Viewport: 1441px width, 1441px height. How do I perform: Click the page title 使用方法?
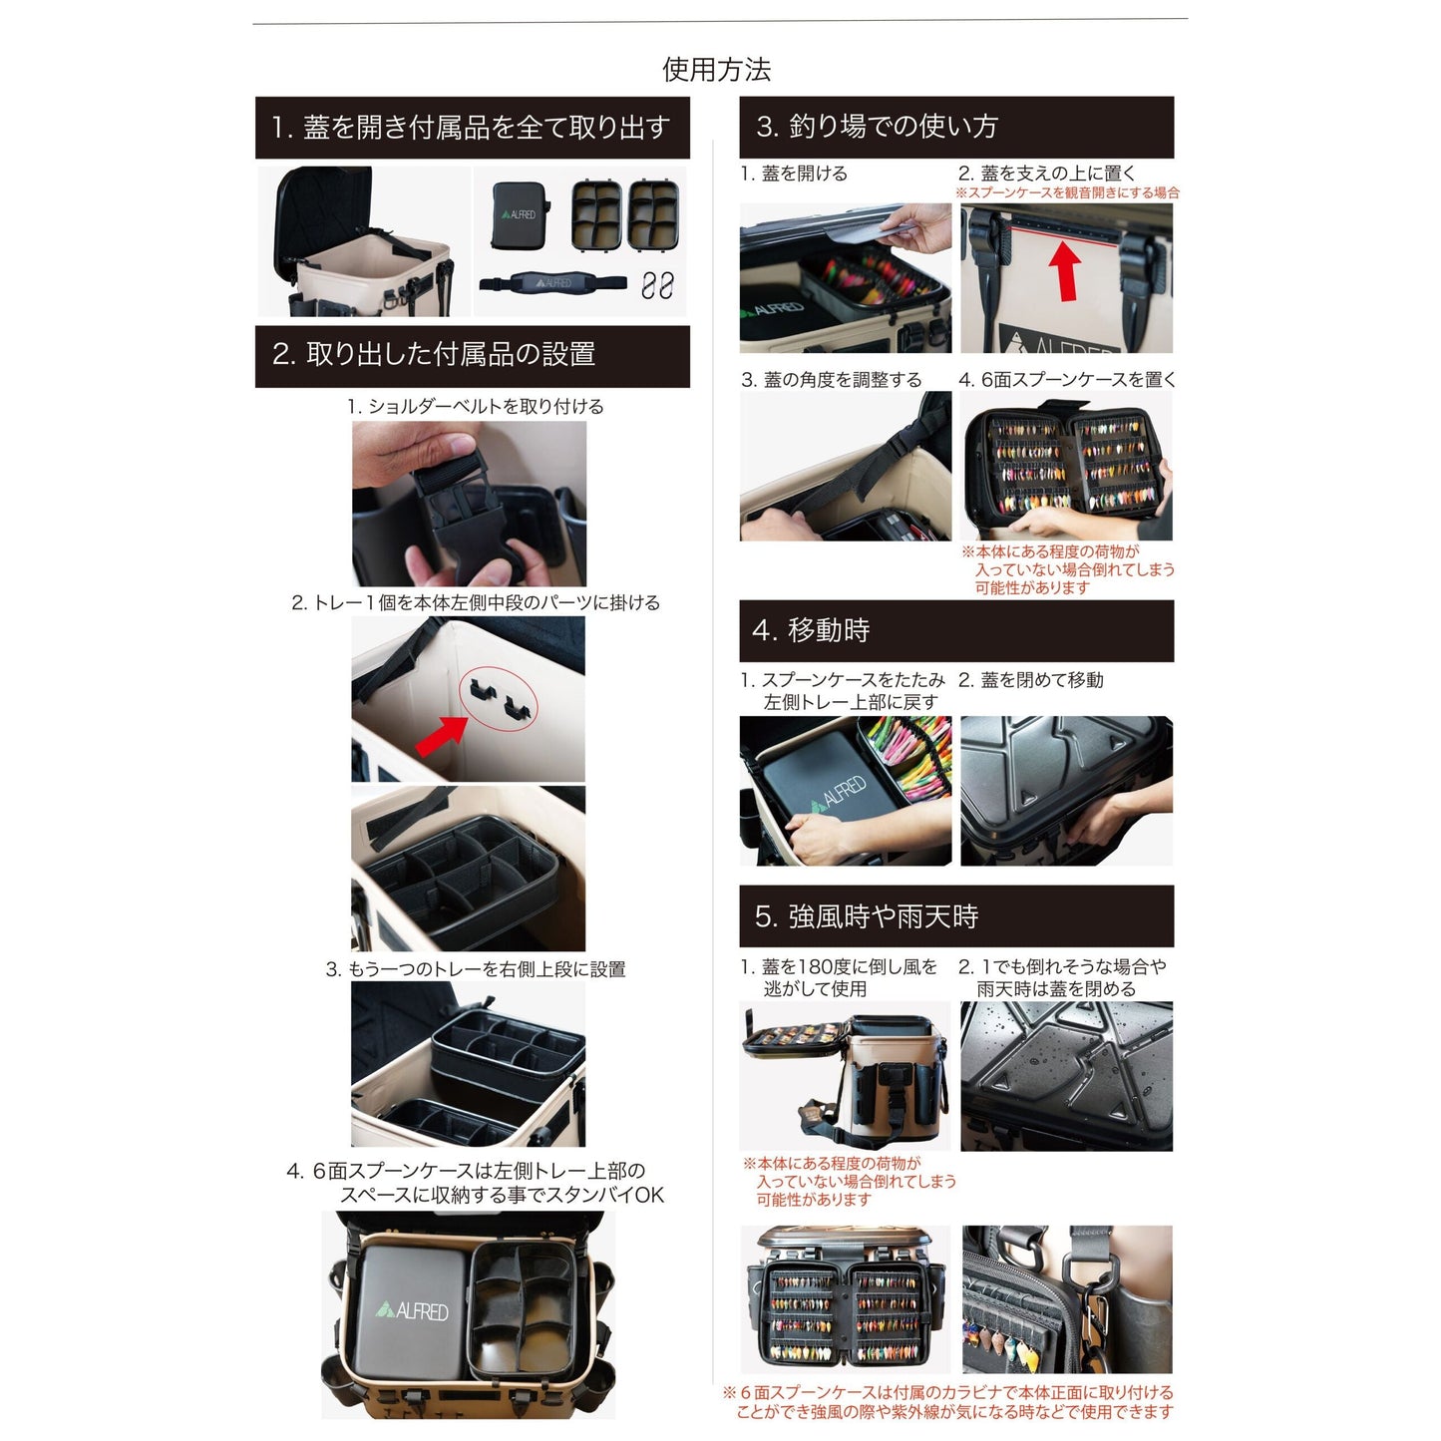click(x=716, y=70)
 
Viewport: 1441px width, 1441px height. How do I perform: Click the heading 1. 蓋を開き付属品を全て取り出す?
click(x=471, y=127)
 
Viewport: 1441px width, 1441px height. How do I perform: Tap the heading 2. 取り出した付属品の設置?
click(x=434, y=354)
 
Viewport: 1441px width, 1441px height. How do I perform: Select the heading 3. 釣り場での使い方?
click(x=877, y=127)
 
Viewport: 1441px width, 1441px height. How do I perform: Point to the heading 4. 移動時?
click(x=811, y=630)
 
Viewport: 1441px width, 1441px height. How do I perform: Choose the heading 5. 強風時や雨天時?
click(x=866, y=916)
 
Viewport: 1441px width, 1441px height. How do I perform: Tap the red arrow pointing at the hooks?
click(x=442, y=735)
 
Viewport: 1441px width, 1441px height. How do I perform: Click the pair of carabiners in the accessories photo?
click(x=657, y=284)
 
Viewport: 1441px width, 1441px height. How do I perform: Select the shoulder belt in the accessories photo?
click(x=553, y=282)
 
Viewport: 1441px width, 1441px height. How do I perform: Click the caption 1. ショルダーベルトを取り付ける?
click(x=476, y=407)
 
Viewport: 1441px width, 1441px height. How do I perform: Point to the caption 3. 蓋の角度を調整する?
click(x=832, y=380)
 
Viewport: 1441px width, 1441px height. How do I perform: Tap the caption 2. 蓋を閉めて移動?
click(x=1031, y=680)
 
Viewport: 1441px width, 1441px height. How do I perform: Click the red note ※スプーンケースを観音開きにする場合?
click(x=1067, y=192)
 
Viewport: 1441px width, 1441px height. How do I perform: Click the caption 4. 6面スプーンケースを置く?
click(x=1067, y=380)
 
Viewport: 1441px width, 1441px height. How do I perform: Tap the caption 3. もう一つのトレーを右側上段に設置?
click(x=476, y=969)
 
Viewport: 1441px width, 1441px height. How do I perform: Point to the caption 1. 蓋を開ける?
click(x=794, y=174)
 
